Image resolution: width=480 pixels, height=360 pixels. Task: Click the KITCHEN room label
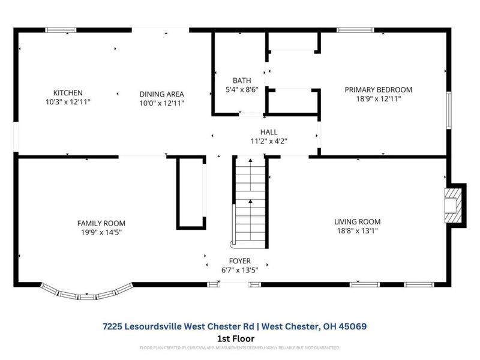tap(68, 93)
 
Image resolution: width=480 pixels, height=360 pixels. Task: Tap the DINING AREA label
tap(161, 94)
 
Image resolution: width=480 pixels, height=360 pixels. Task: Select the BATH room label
tap(242, 80)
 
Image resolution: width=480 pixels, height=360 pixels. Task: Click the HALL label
tap(268, 132)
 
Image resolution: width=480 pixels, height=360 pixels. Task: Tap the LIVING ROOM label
tap(357, 221)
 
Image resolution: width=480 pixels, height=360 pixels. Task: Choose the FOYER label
tap(239, 261)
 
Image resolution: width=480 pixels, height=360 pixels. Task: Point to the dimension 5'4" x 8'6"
tap(242, 89)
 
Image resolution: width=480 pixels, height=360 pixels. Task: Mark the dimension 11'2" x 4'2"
tap(268, 141)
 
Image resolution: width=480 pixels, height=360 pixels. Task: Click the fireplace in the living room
tap(454, 205)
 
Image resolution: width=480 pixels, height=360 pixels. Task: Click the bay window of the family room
tap(88, 294)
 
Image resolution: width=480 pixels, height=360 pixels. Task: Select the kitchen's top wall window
tap(61, 29)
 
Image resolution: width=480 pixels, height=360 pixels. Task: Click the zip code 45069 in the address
tap(350, 326)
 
